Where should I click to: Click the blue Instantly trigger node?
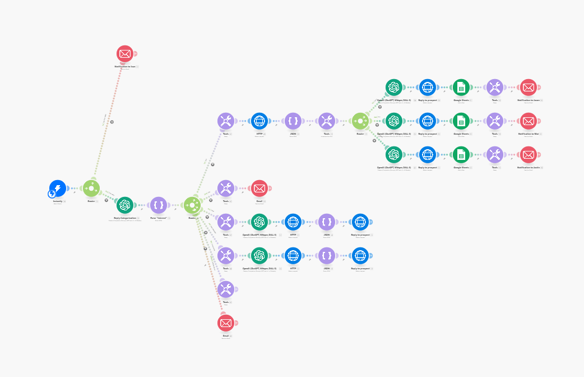tap(58, 188)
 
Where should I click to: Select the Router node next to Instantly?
tap(91, 188)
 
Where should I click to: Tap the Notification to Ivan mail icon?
tap(125, 54)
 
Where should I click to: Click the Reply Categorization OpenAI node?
tap(125, 205)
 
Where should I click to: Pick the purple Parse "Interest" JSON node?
tap(159, 205)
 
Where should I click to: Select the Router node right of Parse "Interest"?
tap(192, 205)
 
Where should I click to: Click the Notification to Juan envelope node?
tap(529, 88)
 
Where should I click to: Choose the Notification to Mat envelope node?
tap(529, 121)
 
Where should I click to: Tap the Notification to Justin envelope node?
tap(529, 155)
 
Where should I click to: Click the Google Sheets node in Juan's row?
tap(461, 88)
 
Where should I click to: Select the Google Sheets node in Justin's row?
tap(461, 155)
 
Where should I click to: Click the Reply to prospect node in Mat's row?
tap(428, 121)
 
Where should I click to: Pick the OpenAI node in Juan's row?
tap(394, 88)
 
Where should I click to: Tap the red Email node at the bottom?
tap(226, 323)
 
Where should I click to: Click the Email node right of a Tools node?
tap(259, 188)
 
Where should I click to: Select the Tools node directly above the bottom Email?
tap(226, 289)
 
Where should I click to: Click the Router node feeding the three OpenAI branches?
tap(360, 121)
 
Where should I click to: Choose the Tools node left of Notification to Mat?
tap(495, 121)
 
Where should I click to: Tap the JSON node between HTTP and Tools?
tap(293, 121)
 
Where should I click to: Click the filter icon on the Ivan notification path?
tap(112, 122)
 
